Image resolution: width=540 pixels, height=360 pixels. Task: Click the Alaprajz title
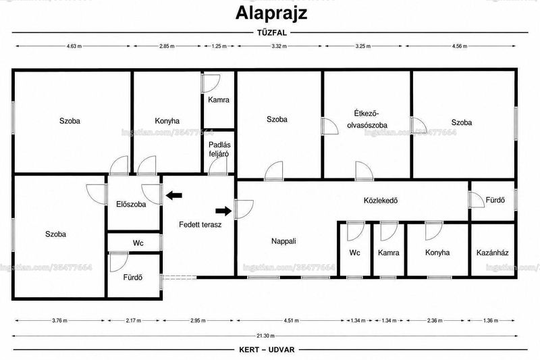click(271, 14)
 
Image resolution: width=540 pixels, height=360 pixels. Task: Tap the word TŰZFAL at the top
click(272, 33)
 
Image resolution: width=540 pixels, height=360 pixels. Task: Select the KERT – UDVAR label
click(267, 350)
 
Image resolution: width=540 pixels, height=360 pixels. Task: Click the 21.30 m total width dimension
click(265, 336)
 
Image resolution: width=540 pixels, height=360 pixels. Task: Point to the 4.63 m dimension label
click(74, 46)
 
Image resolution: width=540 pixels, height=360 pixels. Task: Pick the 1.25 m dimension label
click(219, 46)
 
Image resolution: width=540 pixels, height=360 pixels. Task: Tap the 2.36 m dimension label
click(434, 321)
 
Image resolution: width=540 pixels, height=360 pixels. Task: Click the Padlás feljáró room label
click(219, 149)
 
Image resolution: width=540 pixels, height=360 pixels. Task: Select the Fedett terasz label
click(200, 225)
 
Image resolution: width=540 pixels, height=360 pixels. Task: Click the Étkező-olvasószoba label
click(367, 119)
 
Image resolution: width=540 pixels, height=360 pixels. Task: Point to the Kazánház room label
click(493, 253)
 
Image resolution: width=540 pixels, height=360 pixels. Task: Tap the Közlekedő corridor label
click(381, 200)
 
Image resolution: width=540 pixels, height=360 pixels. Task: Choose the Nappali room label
click(283, 241)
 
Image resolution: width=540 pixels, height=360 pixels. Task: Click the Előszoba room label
click(131, 204)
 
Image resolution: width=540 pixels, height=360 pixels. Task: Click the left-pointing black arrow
click(174, 196)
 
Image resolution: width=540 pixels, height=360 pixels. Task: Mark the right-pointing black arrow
click(223, 211)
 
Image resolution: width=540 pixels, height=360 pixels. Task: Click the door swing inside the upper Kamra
click(211, 84)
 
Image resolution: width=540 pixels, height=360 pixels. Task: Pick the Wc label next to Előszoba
click(138, 243)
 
